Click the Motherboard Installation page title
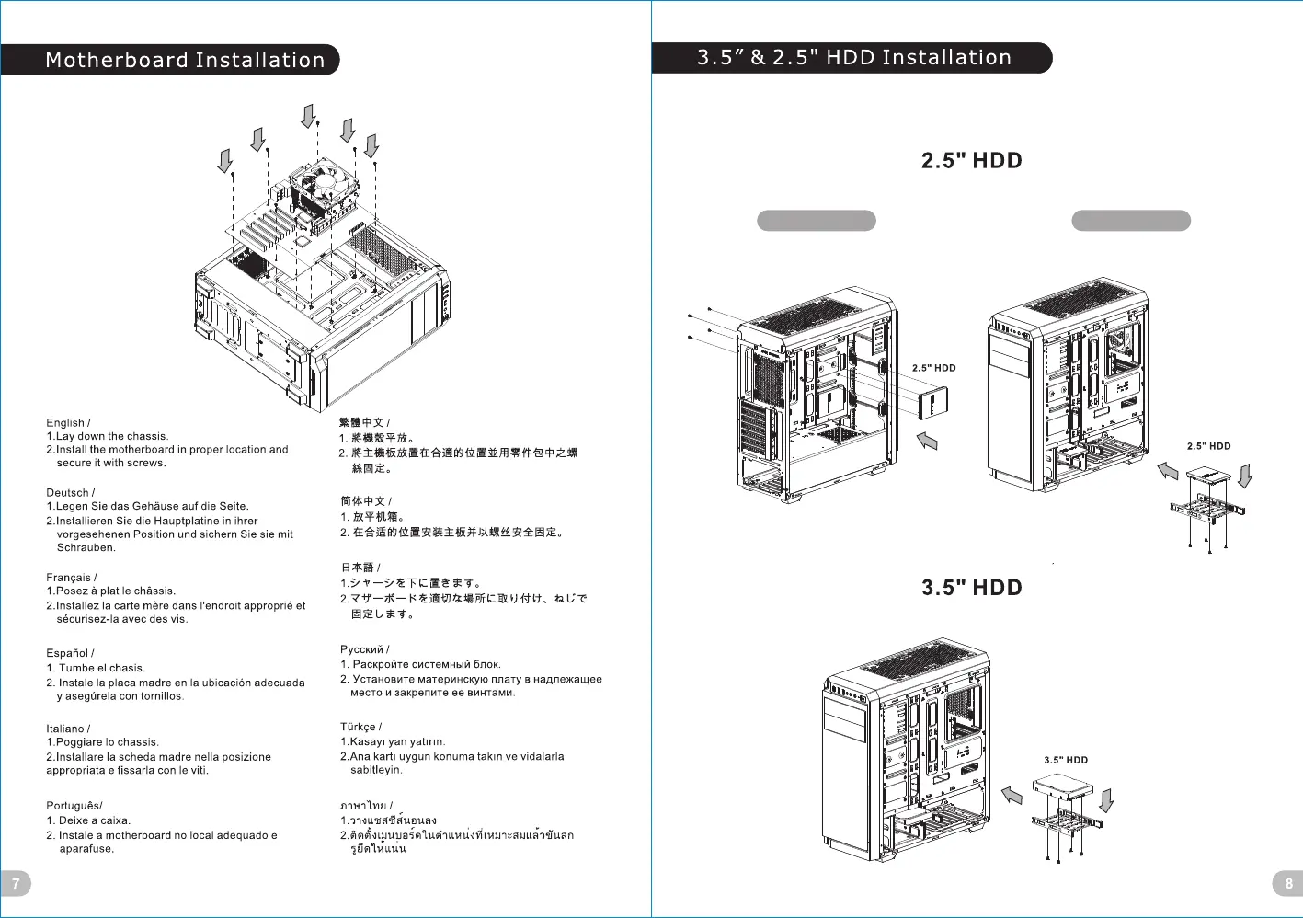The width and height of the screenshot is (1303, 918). click(x=185, y=61)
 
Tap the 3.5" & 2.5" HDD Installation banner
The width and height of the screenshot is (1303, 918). click(x=853, y=58)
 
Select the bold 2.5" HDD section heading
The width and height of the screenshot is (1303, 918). click(x=971, y=161)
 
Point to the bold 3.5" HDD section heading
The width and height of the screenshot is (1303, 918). click(x=971, y=588)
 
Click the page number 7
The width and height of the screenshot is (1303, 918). click(x=16, y=883)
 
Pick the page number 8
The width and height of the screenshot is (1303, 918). click(x=1287, y=883)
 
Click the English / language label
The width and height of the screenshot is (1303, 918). click(x=68, y=423)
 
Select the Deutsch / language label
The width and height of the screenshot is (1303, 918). click(x=70, y=493)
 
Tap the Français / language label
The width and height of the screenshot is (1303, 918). click(x=71, y=578)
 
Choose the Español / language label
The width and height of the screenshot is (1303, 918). click(x=70, y=653)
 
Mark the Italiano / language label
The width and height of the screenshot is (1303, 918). click(x=68, y=729)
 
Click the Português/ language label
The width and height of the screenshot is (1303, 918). click(x=74, y=806)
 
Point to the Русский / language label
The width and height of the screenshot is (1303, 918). click(x=364, y=649)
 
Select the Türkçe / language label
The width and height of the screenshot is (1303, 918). click(x=360, y=727)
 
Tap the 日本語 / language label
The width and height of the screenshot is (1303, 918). click(x=360, y=568)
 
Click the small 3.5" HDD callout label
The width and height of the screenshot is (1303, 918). click(x=1065, y=761)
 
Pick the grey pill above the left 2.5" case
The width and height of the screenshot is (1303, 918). click(x=816, y=221)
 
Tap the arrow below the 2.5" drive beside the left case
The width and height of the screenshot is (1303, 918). click(x=927, y=442)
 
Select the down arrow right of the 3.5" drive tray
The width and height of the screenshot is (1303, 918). click(x=1106, y=800)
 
